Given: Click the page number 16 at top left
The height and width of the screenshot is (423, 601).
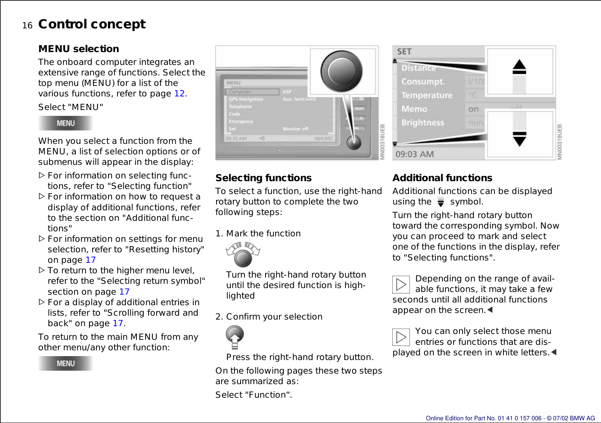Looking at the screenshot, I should coord(27,26).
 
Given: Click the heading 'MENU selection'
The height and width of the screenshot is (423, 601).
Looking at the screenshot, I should coord(79,49).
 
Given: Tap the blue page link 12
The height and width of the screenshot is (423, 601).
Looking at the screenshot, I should coord(179,94).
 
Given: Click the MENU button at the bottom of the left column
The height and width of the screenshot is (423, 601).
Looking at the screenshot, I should coord(65,364).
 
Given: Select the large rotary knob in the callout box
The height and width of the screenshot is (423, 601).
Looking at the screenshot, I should coord(341,71).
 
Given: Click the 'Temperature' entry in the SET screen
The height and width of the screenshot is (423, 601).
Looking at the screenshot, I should coord(427,95).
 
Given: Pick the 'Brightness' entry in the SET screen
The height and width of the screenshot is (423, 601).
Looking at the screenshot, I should coord(423,123).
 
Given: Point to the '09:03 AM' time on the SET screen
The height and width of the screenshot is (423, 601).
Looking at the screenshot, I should coord(414,154).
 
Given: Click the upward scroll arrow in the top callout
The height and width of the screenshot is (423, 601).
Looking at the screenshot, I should coord(519,67).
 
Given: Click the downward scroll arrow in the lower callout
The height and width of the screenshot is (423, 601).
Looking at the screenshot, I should coord(519,139).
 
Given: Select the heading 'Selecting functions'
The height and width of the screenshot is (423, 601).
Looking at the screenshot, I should coord(264,178).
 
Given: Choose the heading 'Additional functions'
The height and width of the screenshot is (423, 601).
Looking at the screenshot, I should coord(442,178).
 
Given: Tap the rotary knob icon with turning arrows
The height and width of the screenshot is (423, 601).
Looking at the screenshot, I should coord(243,255).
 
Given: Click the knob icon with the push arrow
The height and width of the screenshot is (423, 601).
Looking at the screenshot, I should coord(235,337).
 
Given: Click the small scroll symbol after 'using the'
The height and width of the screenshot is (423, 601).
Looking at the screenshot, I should coord(440,202).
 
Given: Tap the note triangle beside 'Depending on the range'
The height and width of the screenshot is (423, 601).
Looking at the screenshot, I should coord(401,285).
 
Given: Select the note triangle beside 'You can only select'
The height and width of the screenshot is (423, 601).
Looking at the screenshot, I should coord(401,337).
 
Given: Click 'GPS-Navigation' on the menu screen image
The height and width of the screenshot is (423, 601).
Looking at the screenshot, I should coord(246,99).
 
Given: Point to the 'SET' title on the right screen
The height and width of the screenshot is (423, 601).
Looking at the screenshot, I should coord(404,52).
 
